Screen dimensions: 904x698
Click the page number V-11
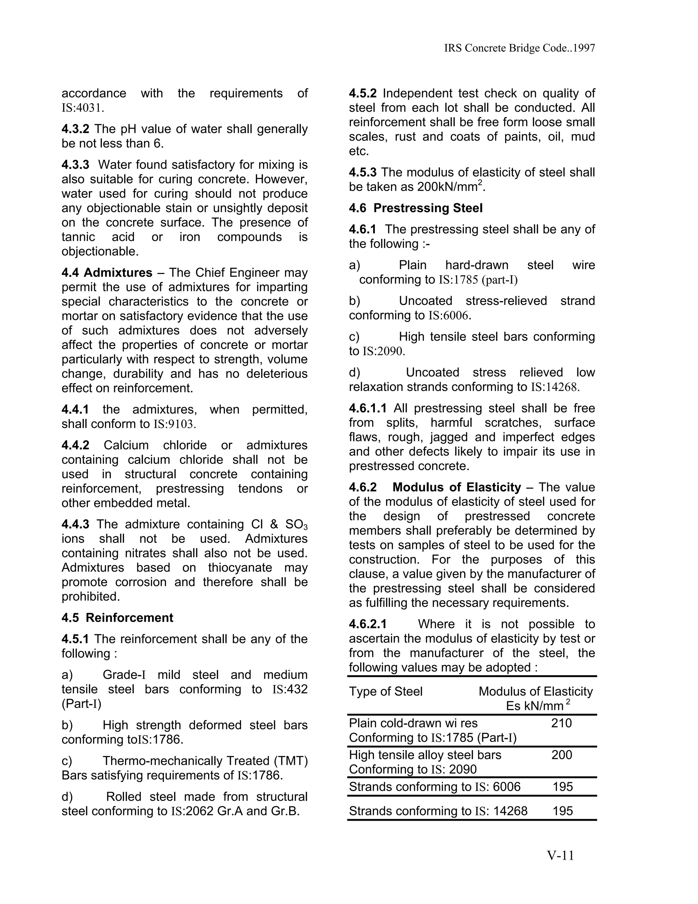click(x=560, y=856)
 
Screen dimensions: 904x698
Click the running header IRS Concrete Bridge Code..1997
click(x=519, y=48)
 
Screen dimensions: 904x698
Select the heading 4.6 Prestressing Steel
click(x=415, y=208)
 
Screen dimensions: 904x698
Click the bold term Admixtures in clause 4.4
click(x=118, y=273)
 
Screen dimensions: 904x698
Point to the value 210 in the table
click(x=561, y=723)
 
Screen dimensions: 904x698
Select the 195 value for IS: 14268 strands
click(x=562, y=811)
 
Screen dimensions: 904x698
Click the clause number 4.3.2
click(x=75, y=129)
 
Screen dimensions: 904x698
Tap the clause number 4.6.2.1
click(x=368, y=624)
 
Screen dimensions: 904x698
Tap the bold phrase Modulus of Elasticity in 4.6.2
click(x=456, y=487)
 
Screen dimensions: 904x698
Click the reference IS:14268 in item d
click(x=555, y=387)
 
